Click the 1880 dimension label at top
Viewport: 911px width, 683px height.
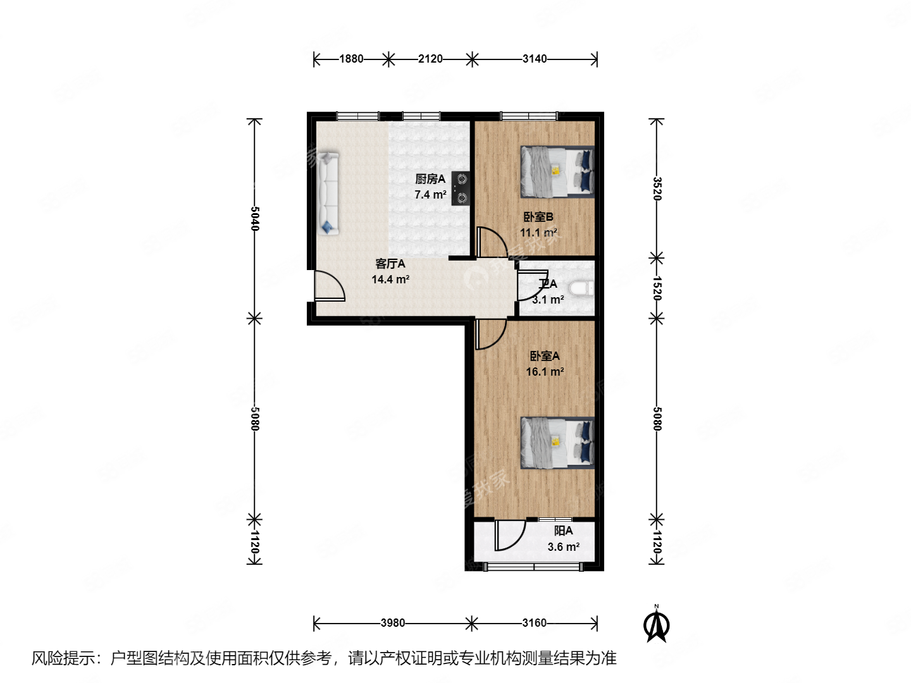point(351,59)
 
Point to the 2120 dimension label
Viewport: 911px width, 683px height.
point(430,59)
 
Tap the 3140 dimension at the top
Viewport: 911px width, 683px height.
point(535,59)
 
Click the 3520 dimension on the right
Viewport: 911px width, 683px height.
point(657,188)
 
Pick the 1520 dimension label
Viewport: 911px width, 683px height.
point(657,288)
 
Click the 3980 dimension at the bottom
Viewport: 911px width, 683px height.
point(392,623)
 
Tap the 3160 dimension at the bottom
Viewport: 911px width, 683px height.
point(534,623)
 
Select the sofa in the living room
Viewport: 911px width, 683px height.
point(328,193)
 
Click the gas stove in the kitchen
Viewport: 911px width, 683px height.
point(461,189)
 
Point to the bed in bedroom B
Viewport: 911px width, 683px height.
point(557,171)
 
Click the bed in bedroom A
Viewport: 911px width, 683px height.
point(557,442)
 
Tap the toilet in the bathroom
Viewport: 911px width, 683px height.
point(581,289)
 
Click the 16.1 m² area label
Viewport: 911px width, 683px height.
point(545,372)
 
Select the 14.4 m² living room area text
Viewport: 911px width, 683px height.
point(390,279)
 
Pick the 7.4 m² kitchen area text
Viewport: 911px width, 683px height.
point(430,195)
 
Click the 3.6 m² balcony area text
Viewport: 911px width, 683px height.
point(563,547)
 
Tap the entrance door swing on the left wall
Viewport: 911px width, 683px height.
point(330,286)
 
